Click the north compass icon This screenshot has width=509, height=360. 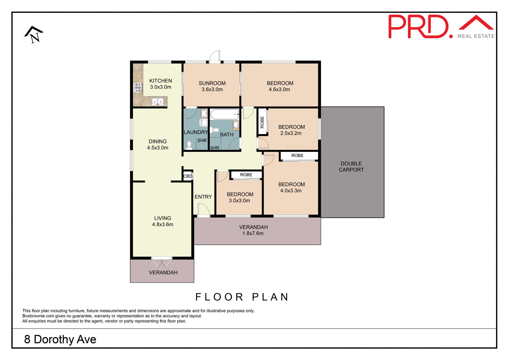coord(34,35)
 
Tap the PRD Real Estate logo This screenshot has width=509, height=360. coord(441,27)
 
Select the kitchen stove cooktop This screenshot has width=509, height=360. coord(138,88)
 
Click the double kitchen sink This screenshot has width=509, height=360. coord(157,101)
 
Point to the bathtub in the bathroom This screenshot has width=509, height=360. coord(225,114)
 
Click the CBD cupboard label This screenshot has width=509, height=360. coord(188,176)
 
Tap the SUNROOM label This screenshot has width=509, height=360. coord(212,83)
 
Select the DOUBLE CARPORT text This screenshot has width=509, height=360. coord(351,166)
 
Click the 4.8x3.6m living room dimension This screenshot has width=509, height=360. coord(163,224)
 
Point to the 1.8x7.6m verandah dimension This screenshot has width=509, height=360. coord(253,233)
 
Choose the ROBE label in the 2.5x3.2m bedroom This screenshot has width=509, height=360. coord(262,122)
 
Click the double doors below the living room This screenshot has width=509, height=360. coord(162,262)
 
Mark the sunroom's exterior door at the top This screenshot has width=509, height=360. coord(215,57)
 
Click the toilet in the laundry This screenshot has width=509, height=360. coord(189,145)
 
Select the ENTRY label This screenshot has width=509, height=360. coord(203,197)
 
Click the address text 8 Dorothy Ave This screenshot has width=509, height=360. coord(60,339)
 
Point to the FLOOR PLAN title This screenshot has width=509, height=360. coord(242,297)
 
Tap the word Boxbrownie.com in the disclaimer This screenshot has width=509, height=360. coord(38,316)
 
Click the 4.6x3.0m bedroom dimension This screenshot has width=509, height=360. coord(279,89)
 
